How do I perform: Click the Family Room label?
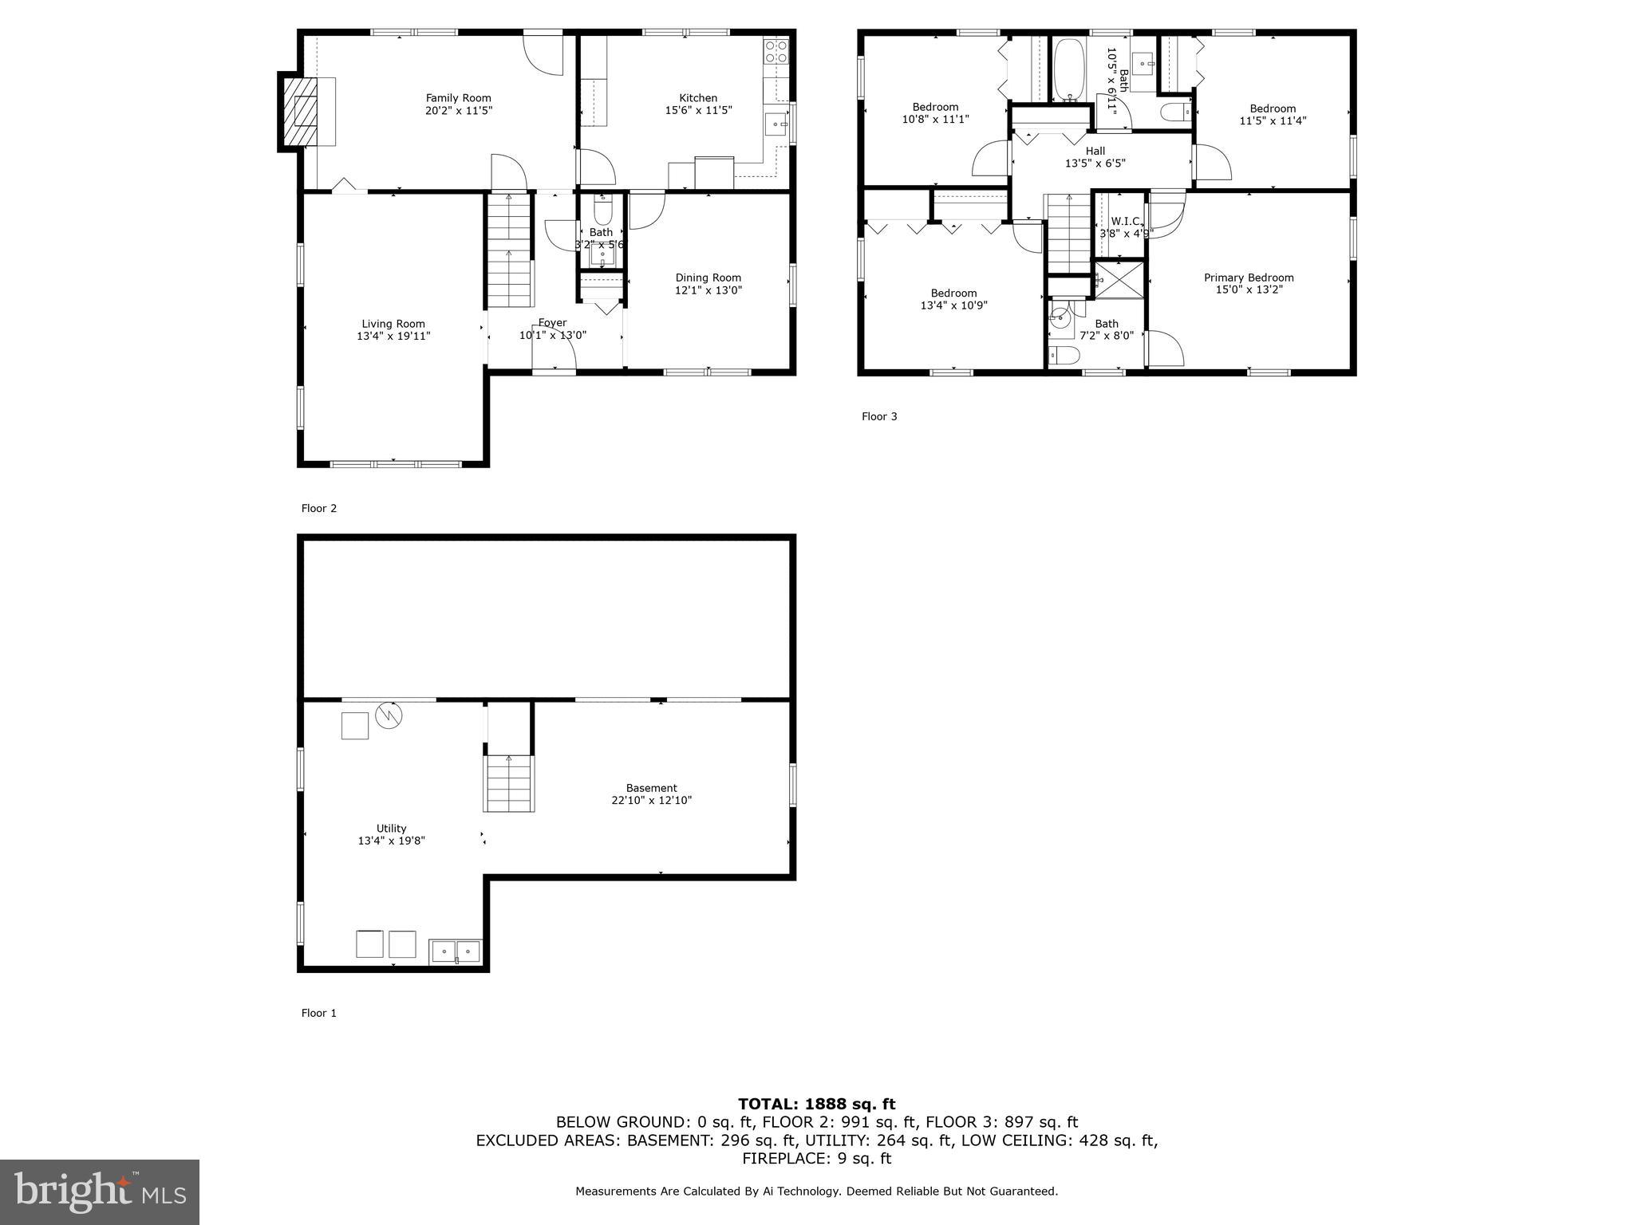pos(458,98)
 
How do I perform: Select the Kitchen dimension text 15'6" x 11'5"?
pos(698,111)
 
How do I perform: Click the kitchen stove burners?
pos(776,52)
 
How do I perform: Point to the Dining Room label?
pos(708,278)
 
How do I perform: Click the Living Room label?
pos(393,324)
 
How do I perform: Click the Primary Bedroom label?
pos(1248,278)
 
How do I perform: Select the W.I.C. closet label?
pos(1125,221)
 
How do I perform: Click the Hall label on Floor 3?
pos(1095,151)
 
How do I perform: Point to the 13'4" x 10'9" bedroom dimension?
pos(953,305)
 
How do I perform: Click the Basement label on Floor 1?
pos(651,788)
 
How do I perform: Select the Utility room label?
pos(391,829)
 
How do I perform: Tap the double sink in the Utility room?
pos(456,951)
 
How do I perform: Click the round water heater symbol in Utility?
pos(389,715)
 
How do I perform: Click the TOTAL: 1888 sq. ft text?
pos(816,1105)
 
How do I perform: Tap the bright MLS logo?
pos(100,1192)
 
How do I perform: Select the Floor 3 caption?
pos(879,416)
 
